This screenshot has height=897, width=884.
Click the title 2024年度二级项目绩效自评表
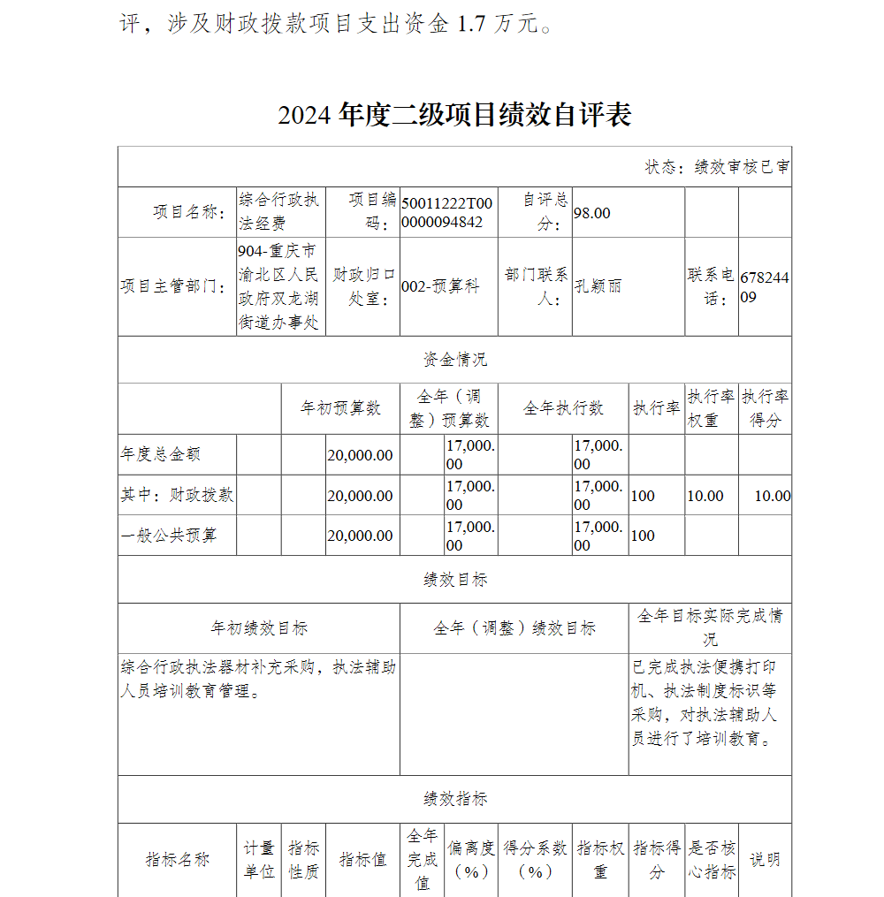click(x=454, y=116)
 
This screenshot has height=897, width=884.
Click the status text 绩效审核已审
click(x=717, y=167)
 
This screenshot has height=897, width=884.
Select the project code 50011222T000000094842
click(x=447, y=212)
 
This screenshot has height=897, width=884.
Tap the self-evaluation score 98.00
click(x=591, y=213)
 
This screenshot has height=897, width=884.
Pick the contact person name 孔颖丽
click(x=598, y=286)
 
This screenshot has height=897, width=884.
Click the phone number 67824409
click(x=764, y=287)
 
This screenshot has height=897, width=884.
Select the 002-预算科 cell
click(x=440, y=286)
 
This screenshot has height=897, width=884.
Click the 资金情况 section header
click(x=454, y=360)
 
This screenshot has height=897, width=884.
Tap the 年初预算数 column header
click(x=340, y=408)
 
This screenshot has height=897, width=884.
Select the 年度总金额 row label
click(x=160, y=454)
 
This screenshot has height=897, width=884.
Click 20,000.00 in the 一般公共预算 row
click(x=360, y=536)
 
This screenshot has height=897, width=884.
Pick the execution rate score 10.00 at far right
click(x=772, y=496)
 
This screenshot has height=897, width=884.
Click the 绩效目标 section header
click(x=454, y=580)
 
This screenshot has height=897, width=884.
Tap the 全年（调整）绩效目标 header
click(x=514, y=628)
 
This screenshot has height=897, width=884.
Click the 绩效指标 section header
click(x=454, y=799)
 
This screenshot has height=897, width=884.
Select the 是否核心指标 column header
click(x=712, y=860)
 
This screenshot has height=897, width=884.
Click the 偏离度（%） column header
click(x=471, y=860)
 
